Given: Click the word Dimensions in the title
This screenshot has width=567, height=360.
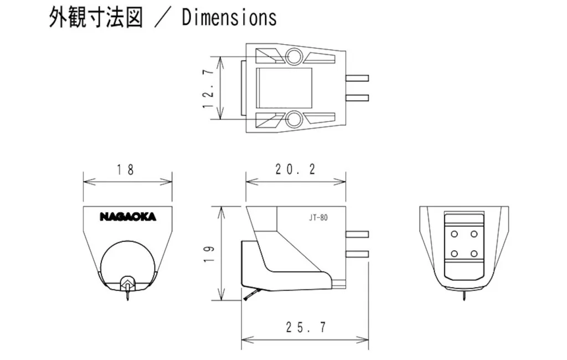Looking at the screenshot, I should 229,18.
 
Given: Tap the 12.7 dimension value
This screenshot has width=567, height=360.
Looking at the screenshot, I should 209,88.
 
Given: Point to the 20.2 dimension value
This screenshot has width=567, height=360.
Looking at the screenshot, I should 295,170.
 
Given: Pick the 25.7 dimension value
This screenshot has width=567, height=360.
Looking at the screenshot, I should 306,327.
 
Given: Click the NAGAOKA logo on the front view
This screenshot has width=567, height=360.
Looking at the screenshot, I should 128,217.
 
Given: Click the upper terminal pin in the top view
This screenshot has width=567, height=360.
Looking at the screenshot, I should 357,78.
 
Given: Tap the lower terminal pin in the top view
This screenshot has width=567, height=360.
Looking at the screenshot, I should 357,97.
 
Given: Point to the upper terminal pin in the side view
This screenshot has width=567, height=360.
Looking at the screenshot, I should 357,234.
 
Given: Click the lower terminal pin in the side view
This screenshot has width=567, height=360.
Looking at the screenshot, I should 357,254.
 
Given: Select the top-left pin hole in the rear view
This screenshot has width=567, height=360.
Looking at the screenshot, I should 453,234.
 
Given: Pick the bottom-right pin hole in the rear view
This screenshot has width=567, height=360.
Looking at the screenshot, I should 474,253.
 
